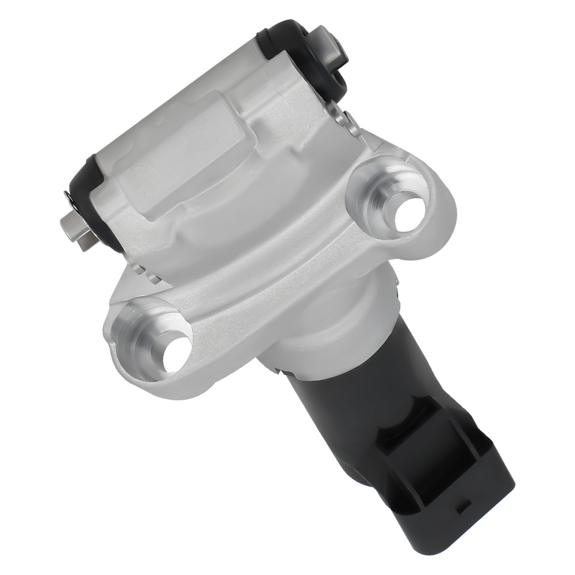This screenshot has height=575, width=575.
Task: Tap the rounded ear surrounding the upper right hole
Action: pyautogui.click(x=437, y=190)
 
